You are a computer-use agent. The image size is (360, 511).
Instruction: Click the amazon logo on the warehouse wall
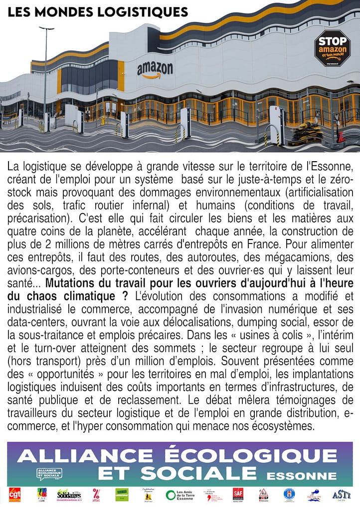tap(155, 69)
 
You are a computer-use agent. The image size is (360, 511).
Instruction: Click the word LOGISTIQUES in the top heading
tap(142, 12)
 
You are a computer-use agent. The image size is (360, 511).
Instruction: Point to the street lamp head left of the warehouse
tap(47, 28)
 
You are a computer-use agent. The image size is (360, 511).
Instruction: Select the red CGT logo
tap(15, 495)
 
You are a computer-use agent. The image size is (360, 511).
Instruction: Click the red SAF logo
tap(238, 495)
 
